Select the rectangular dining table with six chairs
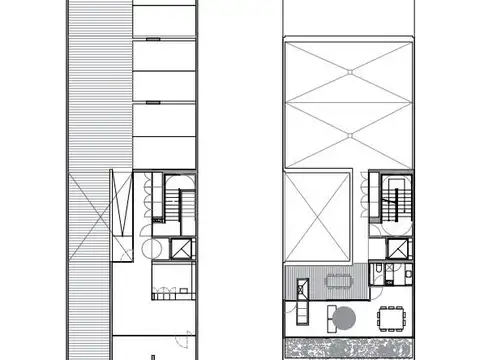click(391, 319)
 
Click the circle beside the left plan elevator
click(147, 247)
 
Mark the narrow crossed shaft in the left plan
click(121, 216)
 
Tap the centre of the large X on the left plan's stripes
click(88, 220)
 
